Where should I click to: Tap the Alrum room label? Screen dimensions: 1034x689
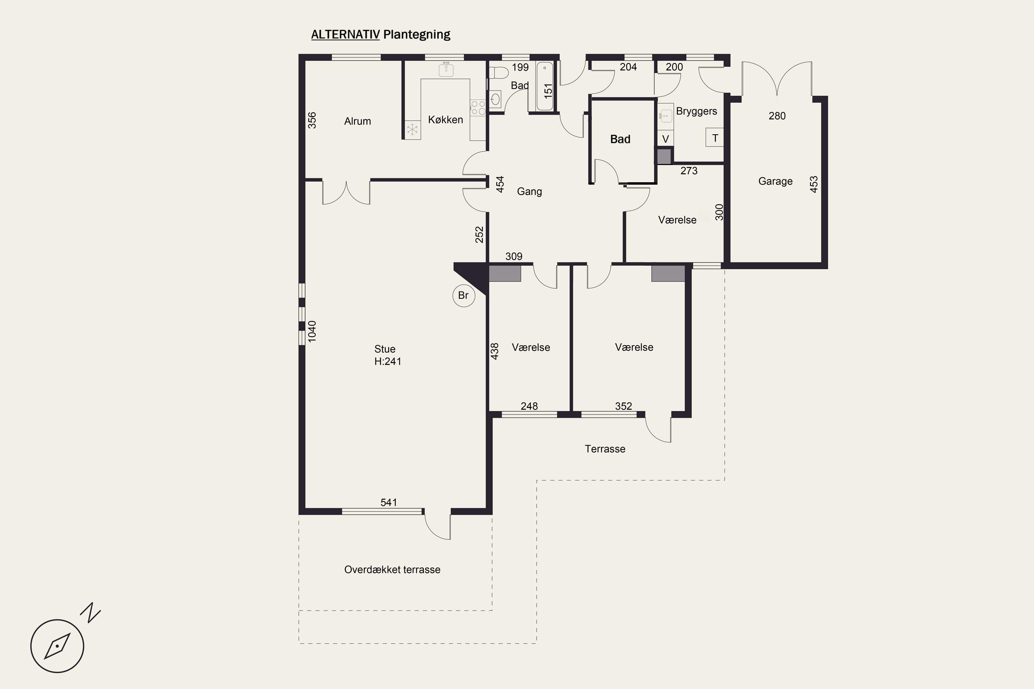(x=357, y=121)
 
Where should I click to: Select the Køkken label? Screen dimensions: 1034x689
(x=445, y=120)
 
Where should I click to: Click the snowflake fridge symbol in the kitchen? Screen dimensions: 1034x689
(x=412, y=130)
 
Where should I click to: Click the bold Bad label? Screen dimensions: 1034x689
(x=620, y=139)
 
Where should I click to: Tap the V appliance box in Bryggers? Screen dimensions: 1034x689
(x=666, y=139)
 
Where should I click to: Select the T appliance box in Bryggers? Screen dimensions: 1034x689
(x=715, y=137)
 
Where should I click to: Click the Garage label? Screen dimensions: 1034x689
(x=775, y=181)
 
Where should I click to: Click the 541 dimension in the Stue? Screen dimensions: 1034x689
(x=389, y=502)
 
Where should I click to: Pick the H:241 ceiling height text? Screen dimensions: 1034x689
(x=388, y=361)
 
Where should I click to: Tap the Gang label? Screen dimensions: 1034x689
(x=529, y=192)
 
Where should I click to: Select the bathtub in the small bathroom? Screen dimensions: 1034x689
(x=545, y=86)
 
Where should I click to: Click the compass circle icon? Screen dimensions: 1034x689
(x=57, y=646)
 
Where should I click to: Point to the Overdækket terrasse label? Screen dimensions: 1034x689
(x=392, y=569)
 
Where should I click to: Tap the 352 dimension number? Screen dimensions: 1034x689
(x=624, y=407)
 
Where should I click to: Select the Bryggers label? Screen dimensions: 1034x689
(x=696, y=112)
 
